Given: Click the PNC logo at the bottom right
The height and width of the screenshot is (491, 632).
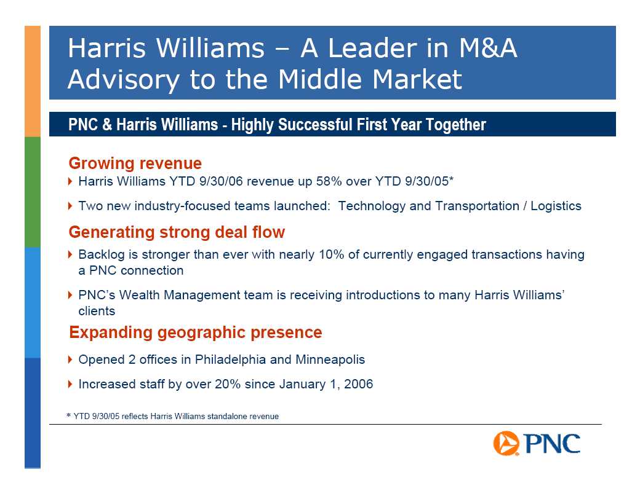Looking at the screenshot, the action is pyautogui.click(x=537, y=443).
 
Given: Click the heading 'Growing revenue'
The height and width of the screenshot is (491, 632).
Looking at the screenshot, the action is pyautogui.click(x=135, y=163).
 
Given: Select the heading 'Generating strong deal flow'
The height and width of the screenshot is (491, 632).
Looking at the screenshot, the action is pyautogui.click(x=177, y=232).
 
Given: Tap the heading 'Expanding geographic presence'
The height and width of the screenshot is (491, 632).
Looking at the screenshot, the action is pyautogui.click(x=196, y=332).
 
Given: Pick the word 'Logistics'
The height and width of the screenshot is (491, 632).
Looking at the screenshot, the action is pyautogui.click(x=556, y=206).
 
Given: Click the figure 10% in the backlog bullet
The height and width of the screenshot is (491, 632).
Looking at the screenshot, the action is pyautogui.click(x=331, y=254).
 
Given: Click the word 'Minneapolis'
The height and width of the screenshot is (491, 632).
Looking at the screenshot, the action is pyautogui.click(x=330, y=359).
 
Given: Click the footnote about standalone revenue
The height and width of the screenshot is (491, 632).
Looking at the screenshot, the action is pyautogui.click(x=172, y=416).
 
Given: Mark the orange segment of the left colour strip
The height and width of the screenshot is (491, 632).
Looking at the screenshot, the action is pyautogui.click(x=33, y=81).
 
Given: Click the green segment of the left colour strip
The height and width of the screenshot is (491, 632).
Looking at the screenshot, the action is pyautogui.click(x=33, y=192).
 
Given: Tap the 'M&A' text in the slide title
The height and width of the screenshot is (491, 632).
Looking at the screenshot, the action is pyautogui.click(x=488, y=48).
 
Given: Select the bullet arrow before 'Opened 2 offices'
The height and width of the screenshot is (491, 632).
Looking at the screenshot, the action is pyautogui.click(x=71, y=359).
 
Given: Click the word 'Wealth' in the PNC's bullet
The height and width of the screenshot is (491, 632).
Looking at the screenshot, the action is pyautogui.click(x=140, y=295).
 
